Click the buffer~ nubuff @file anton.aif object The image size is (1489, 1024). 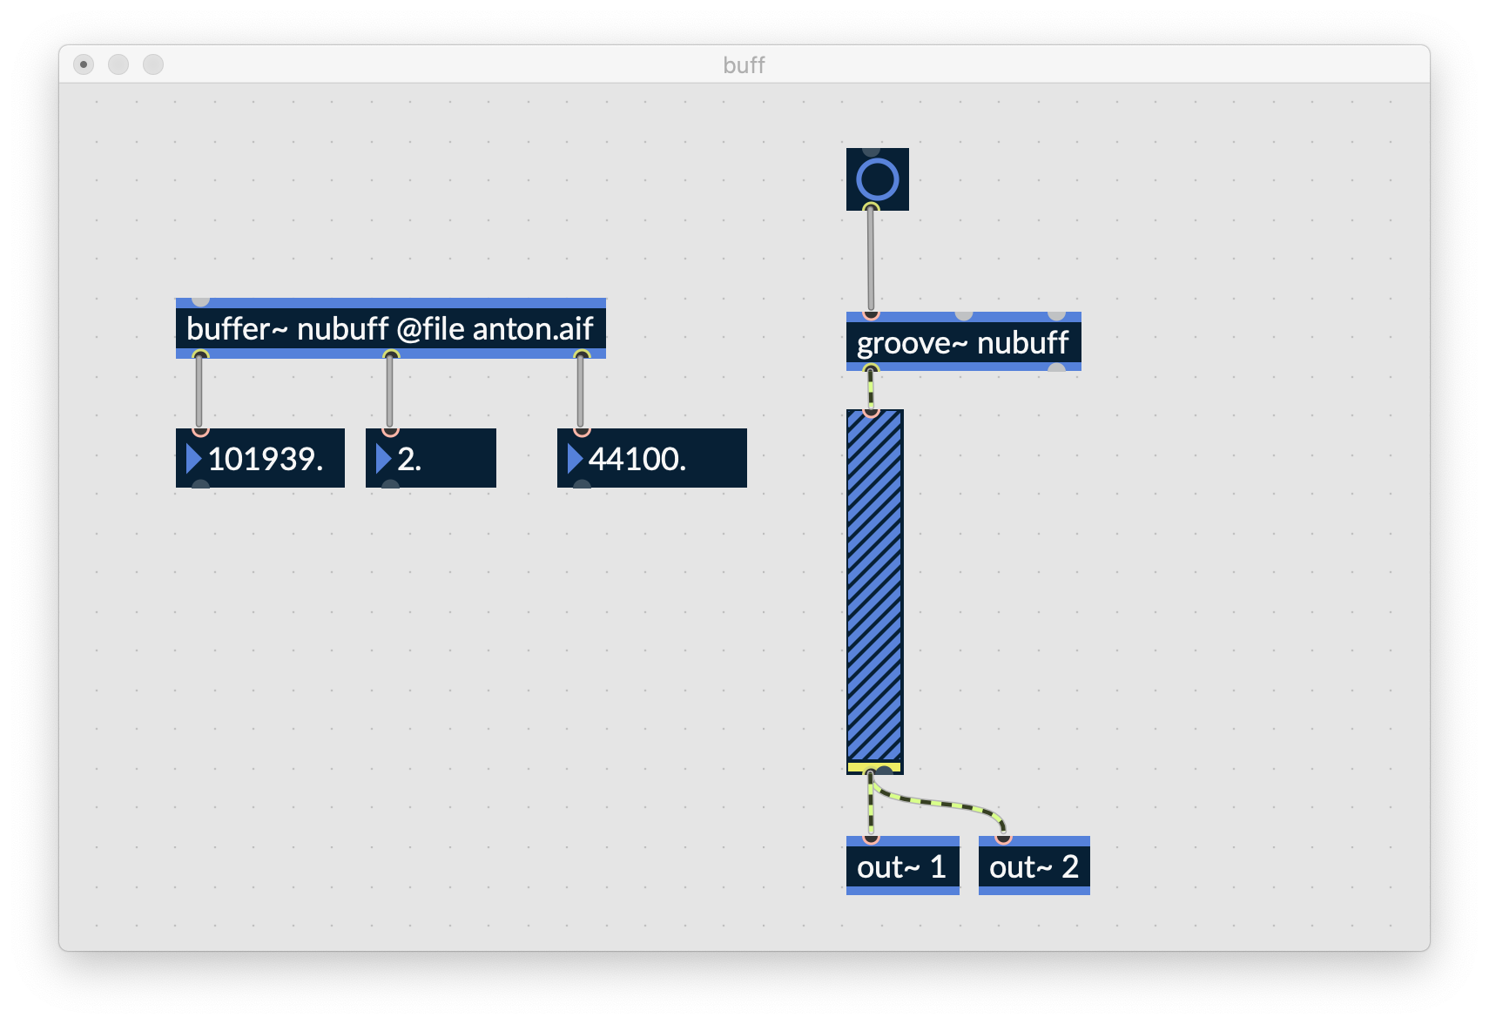[x=391, y=327]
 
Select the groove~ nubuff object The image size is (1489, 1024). [x=963, y=341]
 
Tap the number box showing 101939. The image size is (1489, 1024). [x=259, y=458]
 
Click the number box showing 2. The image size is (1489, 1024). [x=431, y=458]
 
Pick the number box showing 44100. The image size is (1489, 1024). [x=651, y=458]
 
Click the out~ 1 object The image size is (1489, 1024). [x=903, y=865]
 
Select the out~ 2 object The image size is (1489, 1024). [x=1034, y=865]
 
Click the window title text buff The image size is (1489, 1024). [x=744, y=65]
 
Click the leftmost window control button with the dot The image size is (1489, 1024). [x=84, y=64]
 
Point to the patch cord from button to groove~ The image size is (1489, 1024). [x=871, y=260]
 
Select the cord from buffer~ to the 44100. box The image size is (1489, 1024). [x=580, y=392]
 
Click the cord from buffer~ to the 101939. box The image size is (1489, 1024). [x=199, y=392]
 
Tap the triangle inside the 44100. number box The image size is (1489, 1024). [x=575, y=459]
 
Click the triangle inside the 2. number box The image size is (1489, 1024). [x=383, y=459]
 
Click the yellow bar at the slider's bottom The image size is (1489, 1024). [x=874, y=767]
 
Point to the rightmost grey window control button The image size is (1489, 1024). [x=153, y=64]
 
